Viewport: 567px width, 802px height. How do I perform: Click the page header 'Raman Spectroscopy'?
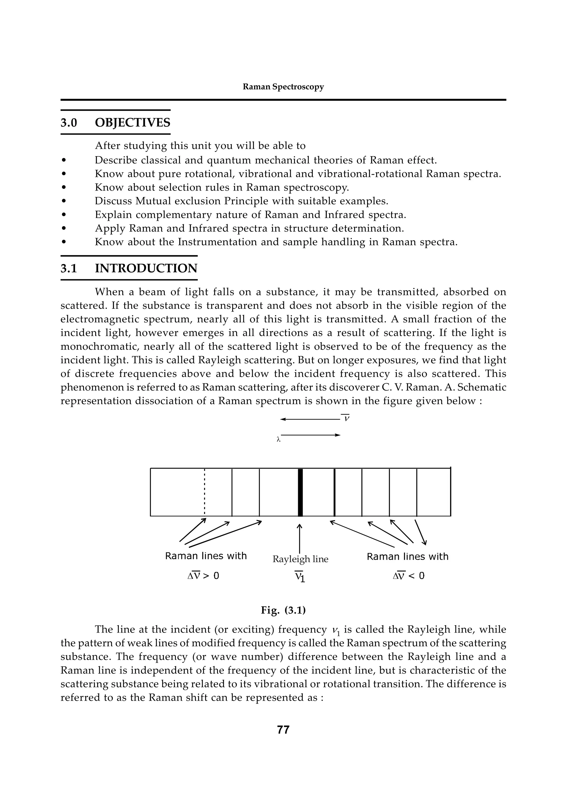coord(283,87)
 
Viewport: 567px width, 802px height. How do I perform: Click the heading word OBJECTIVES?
coord(132,123)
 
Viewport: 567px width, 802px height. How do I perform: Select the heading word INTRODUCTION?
coord(146,268)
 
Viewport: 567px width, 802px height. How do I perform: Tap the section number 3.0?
coord(69,123)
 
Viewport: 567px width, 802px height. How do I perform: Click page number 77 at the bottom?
coord(283,730)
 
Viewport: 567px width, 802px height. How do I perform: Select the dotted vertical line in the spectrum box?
coord(205,492)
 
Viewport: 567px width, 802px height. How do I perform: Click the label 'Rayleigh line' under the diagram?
coord(300,559)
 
